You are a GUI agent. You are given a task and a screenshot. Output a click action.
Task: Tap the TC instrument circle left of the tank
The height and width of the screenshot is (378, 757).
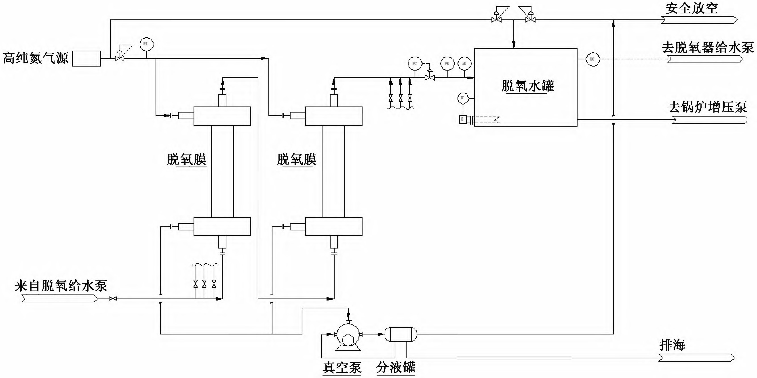[463, 98]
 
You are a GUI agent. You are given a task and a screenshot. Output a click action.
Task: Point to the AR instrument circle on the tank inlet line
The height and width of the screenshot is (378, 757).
[464, 64]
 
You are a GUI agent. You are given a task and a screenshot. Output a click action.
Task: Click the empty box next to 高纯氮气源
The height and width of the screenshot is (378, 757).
[86, 58]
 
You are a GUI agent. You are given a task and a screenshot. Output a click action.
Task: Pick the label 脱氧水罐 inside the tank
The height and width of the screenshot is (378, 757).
[527, 86]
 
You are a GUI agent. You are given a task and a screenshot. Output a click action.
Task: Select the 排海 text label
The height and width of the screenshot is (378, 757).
[672, 345]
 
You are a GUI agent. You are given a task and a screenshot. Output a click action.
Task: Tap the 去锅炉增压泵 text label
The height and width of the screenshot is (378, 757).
[707, 107]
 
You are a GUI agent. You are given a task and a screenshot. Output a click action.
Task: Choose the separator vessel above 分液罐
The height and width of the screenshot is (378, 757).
[401, 334]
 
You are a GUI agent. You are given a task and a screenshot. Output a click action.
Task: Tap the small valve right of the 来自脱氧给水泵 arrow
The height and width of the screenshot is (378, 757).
[113, 299]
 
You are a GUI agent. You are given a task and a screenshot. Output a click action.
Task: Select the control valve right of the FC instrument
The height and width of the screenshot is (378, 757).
[430, 77]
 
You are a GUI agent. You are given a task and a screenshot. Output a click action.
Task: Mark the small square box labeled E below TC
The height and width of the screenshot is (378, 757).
[463, 119]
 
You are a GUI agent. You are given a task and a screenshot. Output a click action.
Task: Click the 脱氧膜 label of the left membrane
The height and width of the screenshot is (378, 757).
[187, 160]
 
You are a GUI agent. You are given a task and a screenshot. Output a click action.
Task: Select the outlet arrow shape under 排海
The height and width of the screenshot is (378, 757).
[696, 358]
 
